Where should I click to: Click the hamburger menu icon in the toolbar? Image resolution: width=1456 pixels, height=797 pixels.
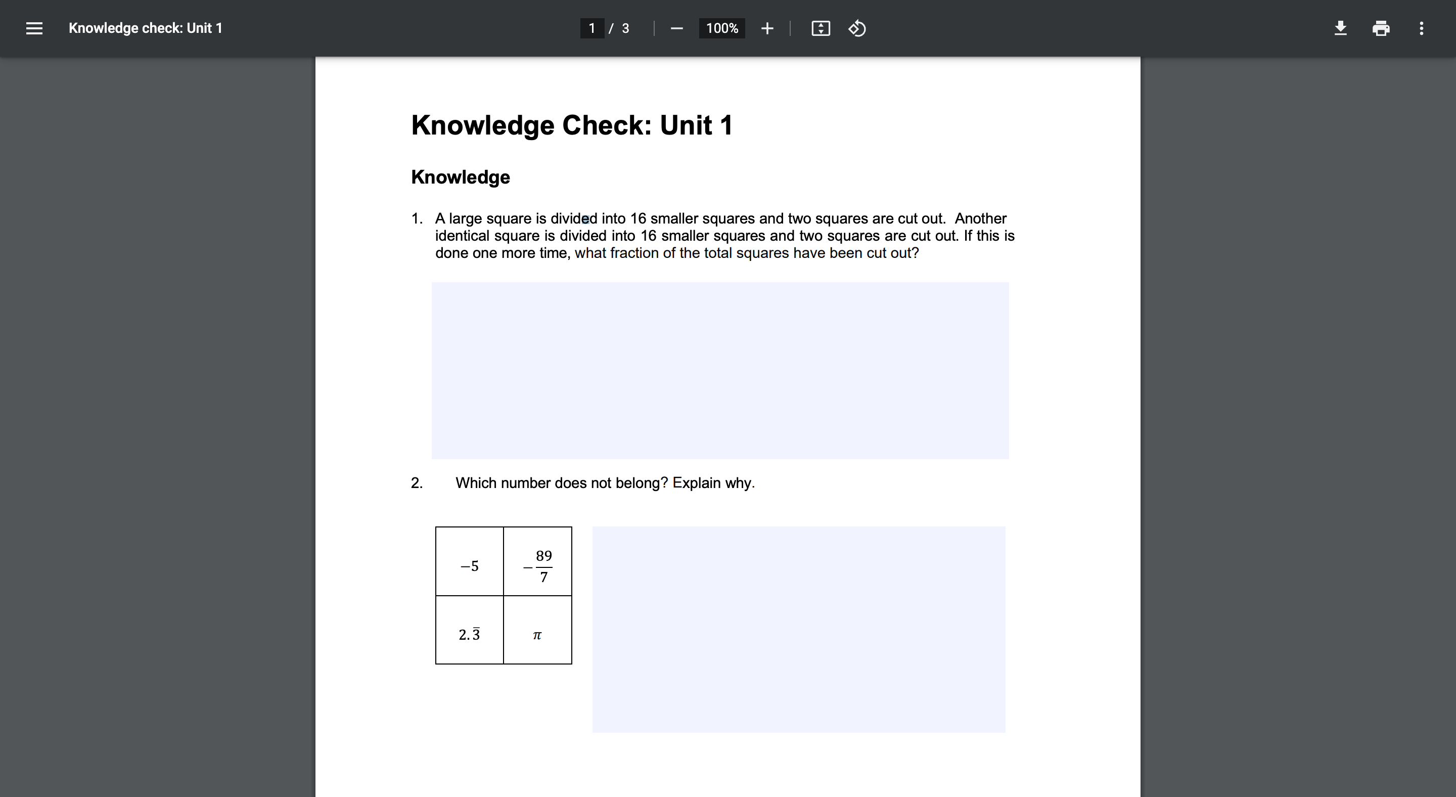click(x=34, y=28)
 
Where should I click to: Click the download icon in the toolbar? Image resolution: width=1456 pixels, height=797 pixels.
click(x=1340, y=28)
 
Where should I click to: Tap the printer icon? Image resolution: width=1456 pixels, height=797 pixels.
click(x=1381, y=28)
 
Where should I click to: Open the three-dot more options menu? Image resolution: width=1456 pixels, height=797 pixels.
click(x=1422, y=28)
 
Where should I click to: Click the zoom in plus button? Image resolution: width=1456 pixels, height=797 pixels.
click(x=767, y=28)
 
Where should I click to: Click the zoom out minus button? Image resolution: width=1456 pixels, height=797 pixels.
click(x=676, y=28)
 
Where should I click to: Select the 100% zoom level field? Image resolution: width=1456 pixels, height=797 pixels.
click(x=722, y=28)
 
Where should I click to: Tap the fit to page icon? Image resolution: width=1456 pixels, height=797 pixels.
click(x=821, y=28)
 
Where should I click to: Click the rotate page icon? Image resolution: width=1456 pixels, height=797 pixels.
click(x=857, y=28)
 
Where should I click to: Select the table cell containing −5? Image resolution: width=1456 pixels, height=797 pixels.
click(x=470, y=566)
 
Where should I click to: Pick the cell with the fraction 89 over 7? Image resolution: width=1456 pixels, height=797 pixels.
click(x=537, y=566)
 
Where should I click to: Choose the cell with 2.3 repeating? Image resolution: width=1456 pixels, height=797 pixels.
click(x=470, y=634)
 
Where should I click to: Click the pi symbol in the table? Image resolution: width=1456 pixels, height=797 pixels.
click(x=537, y=635)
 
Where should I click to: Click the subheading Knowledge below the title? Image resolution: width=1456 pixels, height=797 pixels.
click(x=460, y=177)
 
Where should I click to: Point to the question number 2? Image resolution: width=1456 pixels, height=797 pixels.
click(x=417, y=483)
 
